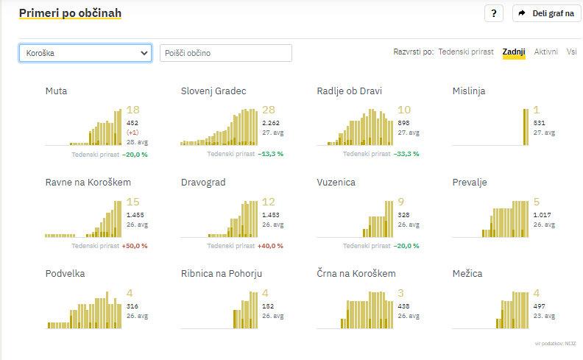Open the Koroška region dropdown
coord(85,53)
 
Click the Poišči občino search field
coord(225,53)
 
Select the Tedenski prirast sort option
coord(465,52)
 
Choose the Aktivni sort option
coord(545,52)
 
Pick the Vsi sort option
coord(571,52)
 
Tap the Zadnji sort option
coord(513,52)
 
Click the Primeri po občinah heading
coord(70,13)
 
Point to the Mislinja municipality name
coord(469,91)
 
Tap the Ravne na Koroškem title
coord(88,183)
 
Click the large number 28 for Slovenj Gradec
coord(269,110)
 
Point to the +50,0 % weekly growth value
coord(134,246)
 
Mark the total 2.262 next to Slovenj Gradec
coord(271,123)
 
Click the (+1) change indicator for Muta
coord(132,133)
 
